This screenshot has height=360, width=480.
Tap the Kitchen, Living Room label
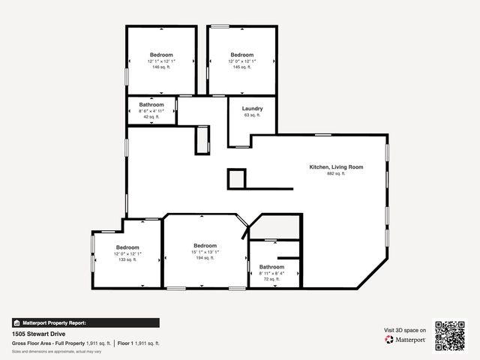click(336, 166)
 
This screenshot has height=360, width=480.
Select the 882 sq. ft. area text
click(336, 173)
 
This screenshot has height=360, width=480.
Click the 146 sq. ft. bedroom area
click(161, 67)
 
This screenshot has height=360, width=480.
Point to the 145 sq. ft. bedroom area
click(241, 67)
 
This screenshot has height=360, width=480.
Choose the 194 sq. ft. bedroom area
click(205, 258)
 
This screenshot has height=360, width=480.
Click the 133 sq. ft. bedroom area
click(127, 259)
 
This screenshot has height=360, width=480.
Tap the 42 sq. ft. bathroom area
click(151, 117)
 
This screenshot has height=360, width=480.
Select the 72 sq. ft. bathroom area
click(271, 279)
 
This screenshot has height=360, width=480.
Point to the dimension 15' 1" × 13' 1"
click(205, 252)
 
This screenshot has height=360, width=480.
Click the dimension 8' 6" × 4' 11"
click(151, 111)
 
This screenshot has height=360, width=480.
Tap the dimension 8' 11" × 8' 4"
click(271, 273)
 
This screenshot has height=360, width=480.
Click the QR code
click(451, 335)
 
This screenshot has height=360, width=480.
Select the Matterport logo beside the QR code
click(405, 340)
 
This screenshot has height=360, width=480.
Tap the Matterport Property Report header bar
click(85, 322)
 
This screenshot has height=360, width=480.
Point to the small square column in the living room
click(237, 178)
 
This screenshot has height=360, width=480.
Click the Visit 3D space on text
click(405, 330)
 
